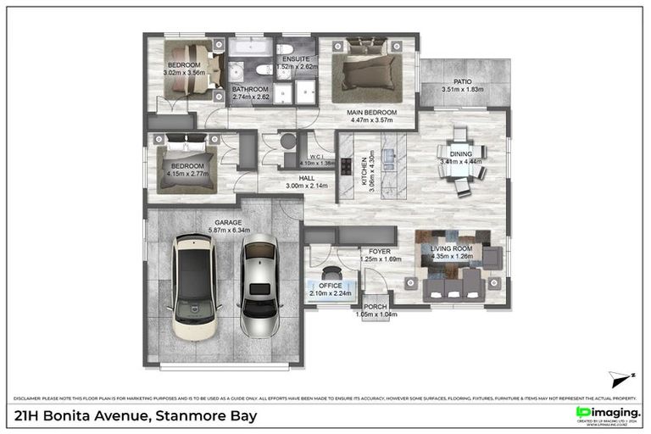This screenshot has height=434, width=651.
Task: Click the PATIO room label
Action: point(462,81)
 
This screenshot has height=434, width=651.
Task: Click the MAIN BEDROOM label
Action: point(370,112)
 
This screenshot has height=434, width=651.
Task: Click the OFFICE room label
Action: point(331,286)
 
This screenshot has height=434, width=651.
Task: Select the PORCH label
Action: point(376,306)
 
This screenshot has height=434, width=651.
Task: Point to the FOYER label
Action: point(380,251)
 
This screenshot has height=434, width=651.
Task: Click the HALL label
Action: point(300,177)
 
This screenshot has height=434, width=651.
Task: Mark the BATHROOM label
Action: point(250,89)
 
